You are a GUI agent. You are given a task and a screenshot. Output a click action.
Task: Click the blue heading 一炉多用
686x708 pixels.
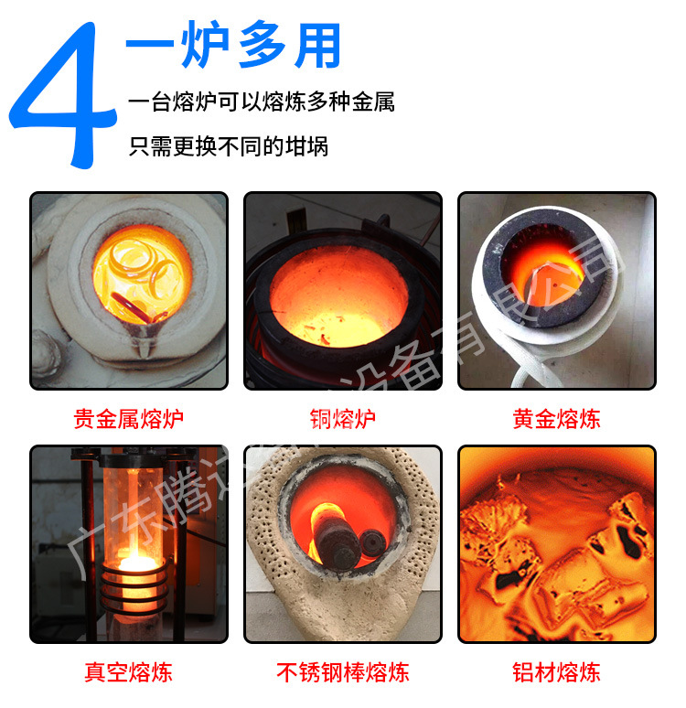click(x=232, y=46)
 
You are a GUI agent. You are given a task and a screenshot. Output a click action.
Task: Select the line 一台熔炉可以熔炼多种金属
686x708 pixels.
click(x=262, y=102)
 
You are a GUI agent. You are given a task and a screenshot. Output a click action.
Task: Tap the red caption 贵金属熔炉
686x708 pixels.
click(x=129, y=420)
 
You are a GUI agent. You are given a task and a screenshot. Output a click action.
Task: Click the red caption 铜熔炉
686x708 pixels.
click(x=343, y=420)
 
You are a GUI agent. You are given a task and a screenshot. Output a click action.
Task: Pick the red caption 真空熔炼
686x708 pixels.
click(x=129, y=673)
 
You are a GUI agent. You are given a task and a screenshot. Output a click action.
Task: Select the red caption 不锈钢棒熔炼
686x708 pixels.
click(x=343, y=673)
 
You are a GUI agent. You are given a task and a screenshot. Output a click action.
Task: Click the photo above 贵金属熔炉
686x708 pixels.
click(x=129, y=291)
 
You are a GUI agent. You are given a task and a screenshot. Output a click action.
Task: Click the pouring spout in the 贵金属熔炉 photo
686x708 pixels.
click(x=145, y=334)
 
